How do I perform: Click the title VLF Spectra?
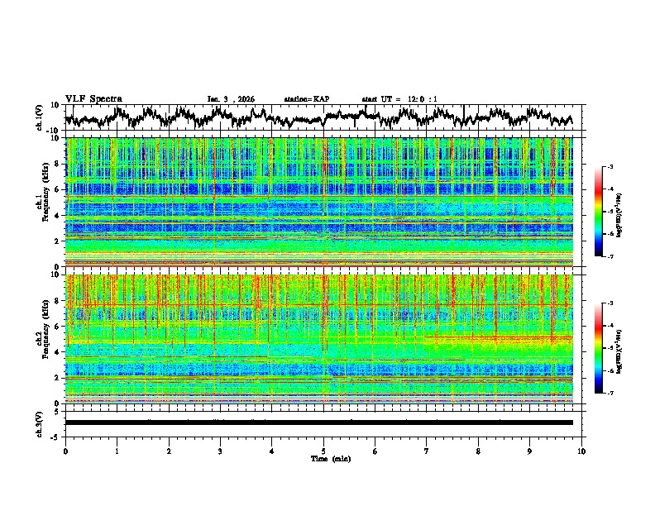coord(93,98)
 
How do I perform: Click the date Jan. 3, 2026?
coord(231,99)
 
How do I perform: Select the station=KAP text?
coord(306,99)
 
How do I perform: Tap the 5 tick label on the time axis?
coord(323,451)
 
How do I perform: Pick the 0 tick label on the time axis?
coord(65,451)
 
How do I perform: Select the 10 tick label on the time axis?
coord(581,451)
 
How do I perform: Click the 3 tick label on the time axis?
coord(220,451)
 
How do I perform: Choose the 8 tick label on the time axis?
coord(478,451)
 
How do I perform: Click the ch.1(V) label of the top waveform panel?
coord(40,117)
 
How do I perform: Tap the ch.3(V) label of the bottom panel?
coord(40,422)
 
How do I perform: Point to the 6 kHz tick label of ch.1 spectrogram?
coord(60,189)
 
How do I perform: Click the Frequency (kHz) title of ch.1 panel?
coord(49,202)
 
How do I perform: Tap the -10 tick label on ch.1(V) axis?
coord(55,131)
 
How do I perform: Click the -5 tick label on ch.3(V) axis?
coord(57,436)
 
